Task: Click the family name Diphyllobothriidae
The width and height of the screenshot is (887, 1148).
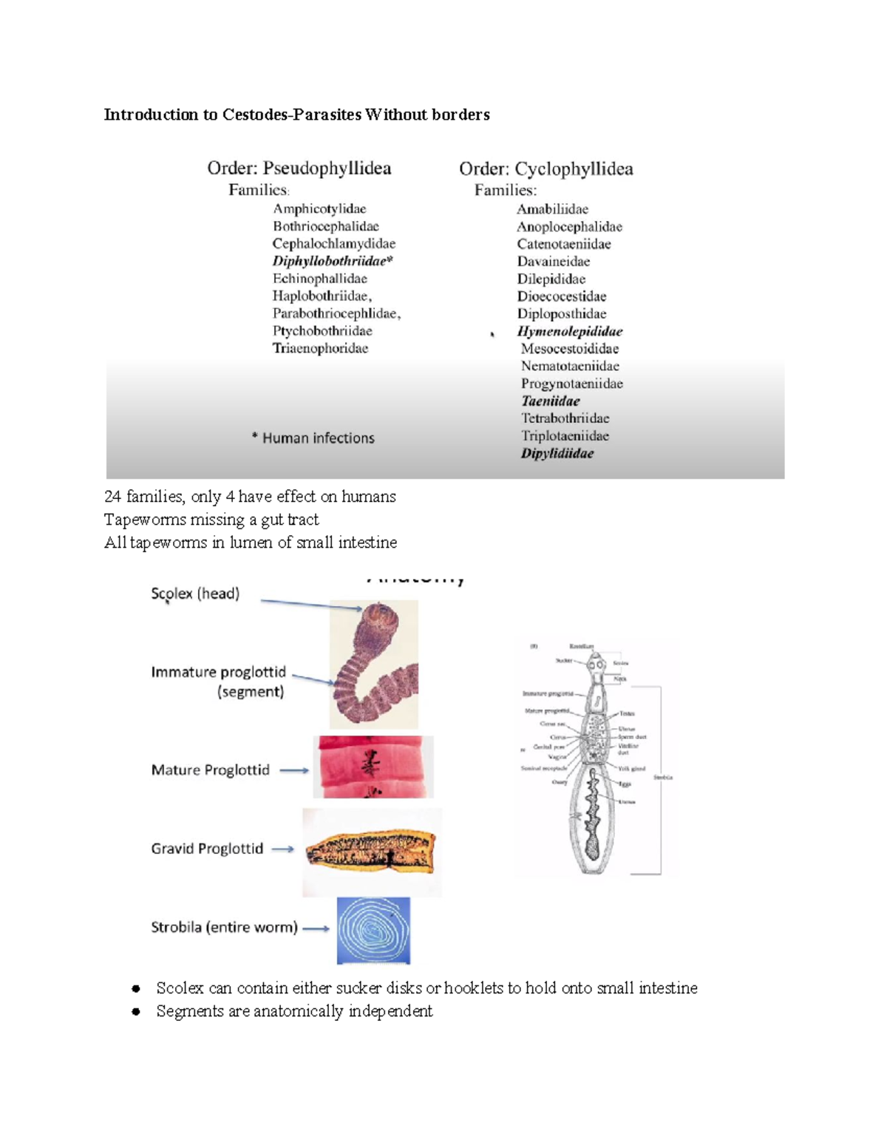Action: (332, 261)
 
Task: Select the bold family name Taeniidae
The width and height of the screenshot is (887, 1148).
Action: (550, 401)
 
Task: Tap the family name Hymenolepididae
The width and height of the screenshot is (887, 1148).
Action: (569, 331)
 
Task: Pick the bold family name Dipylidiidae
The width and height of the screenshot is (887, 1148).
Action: (557, 454)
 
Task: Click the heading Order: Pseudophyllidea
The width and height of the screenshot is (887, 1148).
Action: (299, 169)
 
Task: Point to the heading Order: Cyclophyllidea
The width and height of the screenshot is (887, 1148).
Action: (546, 169)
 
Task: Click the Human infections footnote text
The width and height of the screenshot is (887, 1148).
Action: (313, 438)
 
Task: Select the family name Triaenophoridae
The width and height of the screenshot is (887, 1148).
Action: (320, 348)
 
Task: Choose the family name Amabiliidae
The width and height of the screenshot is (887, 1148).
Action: (552, 209)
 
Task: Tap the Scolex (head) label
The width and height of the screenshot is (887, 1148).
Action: (195, 594)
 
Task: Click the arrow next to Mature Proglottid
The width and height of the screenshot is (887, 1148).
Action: (294, 770)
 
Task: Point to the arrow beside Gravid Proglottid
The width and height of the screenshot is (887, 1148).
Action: (283, 849)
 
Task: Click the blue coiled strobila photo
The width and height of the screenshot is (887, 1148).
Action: (373, 931)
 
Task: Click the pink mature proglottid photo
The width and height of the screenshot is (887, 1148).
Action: (373, 767)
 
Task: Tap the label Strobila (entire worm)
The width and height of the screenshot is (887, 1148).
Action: (224, 928)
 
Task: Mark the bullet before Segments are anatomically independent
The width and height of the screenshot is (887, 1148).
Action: (136, 1012)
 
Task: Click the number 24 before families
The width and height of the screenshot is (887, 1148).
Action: (112, 497)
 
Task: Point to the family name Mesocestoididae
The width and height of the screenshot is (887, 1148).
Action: (569, 349)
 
